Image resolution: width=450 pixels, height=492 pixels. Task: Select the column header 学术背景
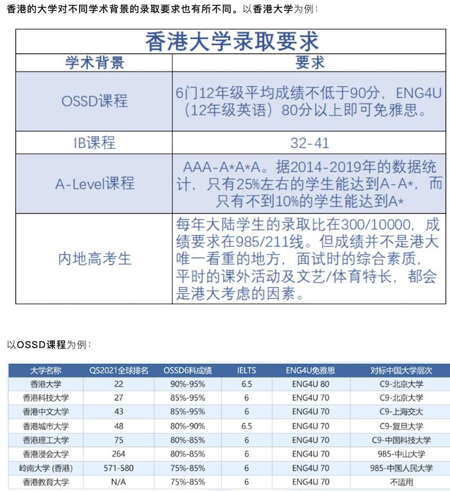point(94,63)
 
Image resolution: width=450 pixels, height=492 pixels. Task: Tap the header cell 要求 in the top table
point(310,63)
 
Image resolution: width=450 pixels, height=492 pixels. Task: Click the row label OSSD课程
point(94,101)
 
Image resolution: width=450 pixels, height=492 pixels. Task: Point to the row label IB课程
point(94,142)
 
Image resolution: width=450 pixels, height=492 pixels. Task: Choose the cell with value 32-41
point(310,142)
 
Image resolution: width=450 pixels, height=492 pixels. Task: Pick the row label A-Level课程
point(94,183)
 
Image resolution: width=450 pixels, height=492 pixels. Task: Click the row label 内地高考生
point(94,259)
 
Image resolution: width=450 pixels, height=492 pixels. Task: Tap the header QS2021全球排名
point(118,370)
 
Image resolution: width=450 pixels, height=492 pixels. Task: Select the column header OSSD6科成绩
point(188,370)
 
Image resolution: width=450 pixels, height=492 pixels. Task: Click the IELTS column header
point(246,370)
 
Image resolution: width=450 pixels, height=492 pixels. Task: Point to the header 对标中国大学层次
point(401,370)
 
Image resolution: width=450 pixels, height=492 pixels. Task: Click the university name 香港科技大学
point(46,398)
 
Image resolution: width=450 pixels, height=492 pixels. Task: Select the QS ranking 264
point(118,454)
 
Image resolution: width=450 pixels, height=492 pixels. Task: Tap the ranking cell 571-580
point(118,468)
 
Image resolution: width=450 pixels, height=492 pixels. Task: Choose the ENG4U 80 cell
point(312,384)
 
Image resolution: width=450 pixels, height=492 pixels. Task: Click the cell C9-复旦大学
point(401,426)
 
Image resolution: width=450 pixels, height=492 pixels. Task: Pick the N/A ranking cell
point(118,482)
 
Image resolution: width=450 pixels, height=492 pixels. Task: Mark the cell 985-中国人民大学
point(401,468)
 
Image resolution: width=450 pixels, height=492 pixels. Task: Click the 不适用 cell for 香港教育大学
point(401,482)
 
